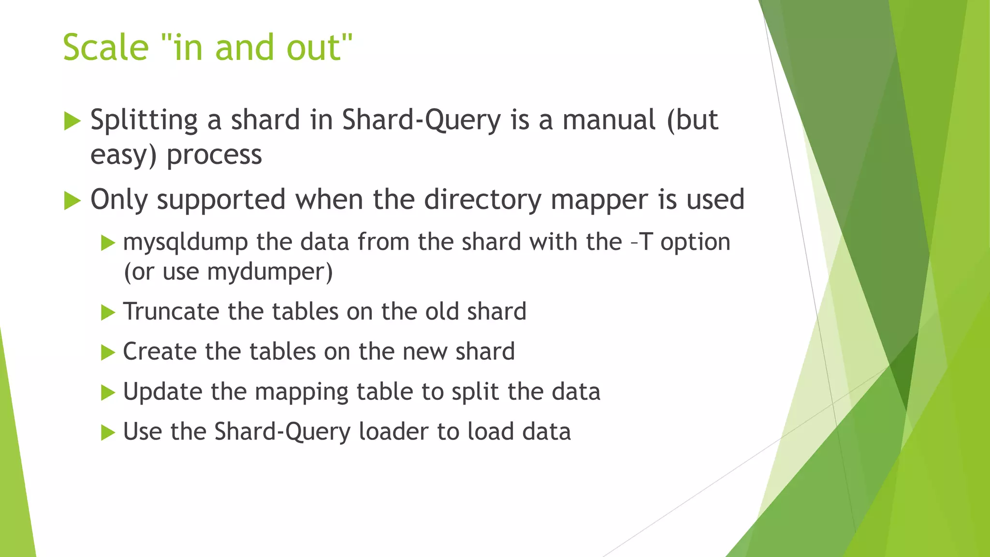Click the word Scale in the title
tap(105, 47)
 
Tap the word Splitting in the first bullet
tap(144, 120)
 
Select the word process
tap(214, 155)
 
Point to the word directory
tap(483, 200)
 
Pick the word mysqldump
tap(186, 243)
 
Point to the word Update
tap(162, 392)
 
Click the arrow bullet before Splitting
tap(72, 121)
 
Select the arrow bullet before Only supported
tap(72, 201)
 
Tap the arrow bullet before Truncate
tap(108, 313)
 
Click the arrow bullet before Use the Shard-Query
tap(108, 433)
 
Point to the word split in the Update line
tap(475, 392)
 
